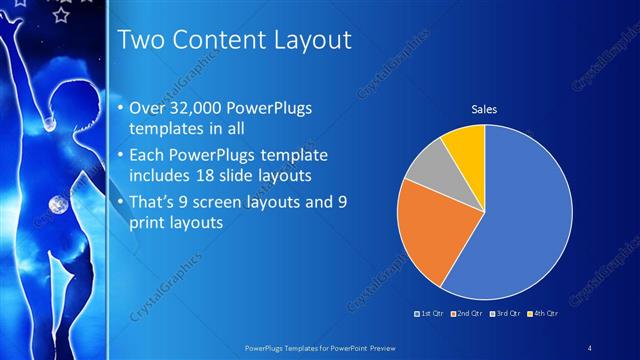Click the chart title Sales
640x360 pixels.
(x=484, y=109)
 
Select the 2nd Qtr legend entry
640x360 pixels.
(x=470, y=314)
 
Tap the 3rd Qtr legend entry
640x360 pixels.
(x=507, y=314)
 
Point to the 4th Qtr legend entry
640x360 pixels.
(x=543, y=314)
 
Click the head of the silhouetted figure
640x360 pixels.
(x=62, y=101)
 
